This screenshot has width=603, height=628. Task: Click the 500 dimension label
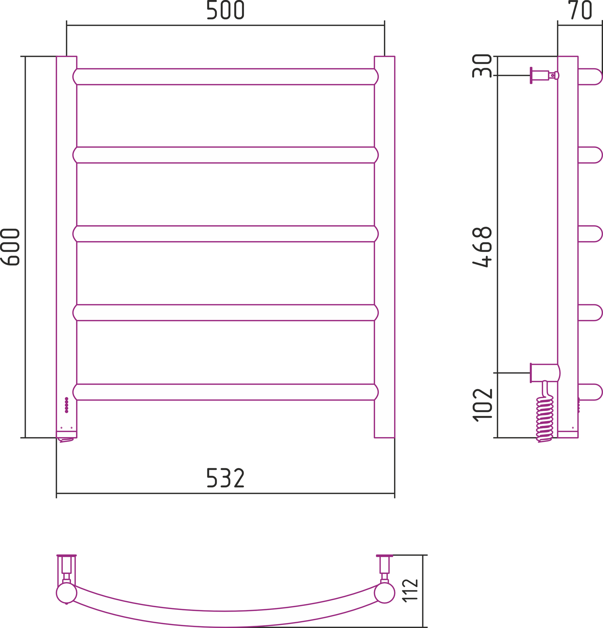[x=226, y=10]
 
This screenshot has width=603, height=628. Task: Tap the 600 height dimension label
[x=10, y=247]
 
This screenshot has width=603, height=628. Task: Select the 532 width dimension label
[x=226, y=478]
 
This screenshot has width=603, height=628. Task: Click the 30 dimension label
[x=482, y=66]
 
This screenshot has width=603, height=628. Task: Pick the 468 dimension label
[x=482, y=247]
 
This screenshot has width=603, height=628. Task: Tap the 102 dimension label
[x=482, y=405]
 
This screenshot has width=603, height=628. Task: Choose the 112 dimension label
[x=410, y=591]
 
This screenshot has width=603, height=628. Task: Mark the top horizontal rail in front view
[x=226, y=77]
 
